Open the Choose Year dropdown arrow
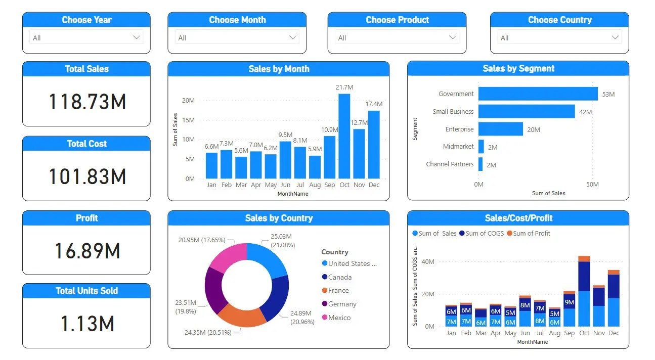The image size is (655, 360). point(136,37)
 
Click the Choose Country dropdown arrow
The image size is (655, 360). point(615,37)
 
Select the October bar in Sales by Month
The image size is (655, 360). point(344,136)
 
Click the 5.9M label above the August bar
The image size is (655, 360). point(315,149)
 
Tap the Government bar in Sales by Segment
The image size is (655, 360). point(538,94)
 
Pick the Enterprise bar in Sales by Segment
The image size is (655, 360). point(501,129)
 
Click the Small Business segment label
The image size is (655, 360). point(453,112)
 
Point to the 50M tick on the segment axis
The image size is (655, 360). point(592,185)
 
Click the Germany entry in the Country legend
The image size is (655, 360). point(342,304)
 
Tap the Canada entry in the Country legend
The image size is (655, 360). point(339,277)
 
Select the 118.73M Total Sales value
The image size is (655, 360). point(87,102)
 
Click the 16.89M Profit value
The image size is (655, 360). point(87,251)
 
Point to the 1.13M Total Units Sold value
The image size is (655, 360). point(87,324)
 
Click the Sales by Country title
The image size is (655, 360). point(279,218)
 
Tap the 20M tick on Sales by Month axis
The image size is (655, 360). point(188,100)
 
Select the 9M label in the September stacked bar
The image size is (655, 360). point(569,302)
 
